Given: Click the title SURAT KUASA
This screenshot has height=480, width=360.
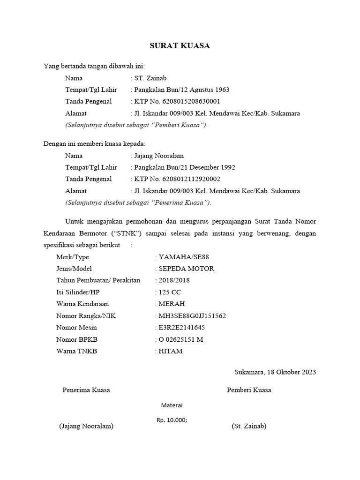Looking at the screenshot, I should point(180,46).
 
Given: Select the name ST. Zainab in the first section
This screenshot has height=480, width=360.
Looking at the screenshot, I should point(150,78).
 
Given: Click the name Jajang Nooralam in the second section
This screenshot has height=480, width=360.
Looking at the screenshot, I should point(159,156).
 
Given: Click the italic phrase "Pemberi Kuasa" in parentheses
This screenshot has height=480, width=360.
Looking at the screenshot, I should point(182,125).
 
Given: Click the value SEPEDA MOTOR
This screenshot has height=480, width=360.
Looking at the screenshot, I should point(187,269).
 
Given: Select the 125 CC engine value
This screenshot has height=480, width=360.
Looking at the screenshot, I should point(170,292).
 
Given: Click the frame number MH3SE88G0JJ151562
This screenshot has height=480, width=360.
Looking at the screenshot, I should point(192,316).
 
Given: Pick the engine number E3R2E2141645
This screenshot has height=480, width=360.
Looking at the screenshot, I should point(182,328).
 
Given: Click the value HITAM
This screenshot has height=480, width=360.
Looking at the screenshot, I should point(171,351).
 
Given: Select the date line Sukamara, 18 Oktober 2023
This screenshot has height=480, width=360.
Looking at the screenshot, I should point(275,373).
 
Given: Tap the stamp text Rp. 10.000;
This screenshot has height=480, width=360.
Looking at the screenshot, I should point(172,420).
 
